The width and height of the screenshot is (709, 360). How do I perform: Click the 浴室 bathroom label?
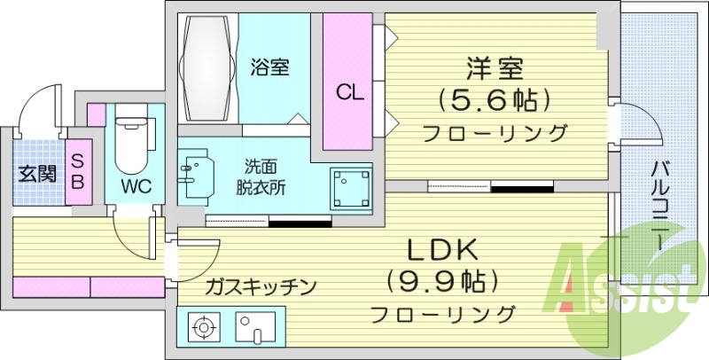270,66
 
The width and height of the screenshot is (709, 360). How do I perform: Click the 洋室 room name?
495,67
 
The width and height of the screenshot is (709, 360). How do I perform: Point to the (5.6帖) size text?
495,99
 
